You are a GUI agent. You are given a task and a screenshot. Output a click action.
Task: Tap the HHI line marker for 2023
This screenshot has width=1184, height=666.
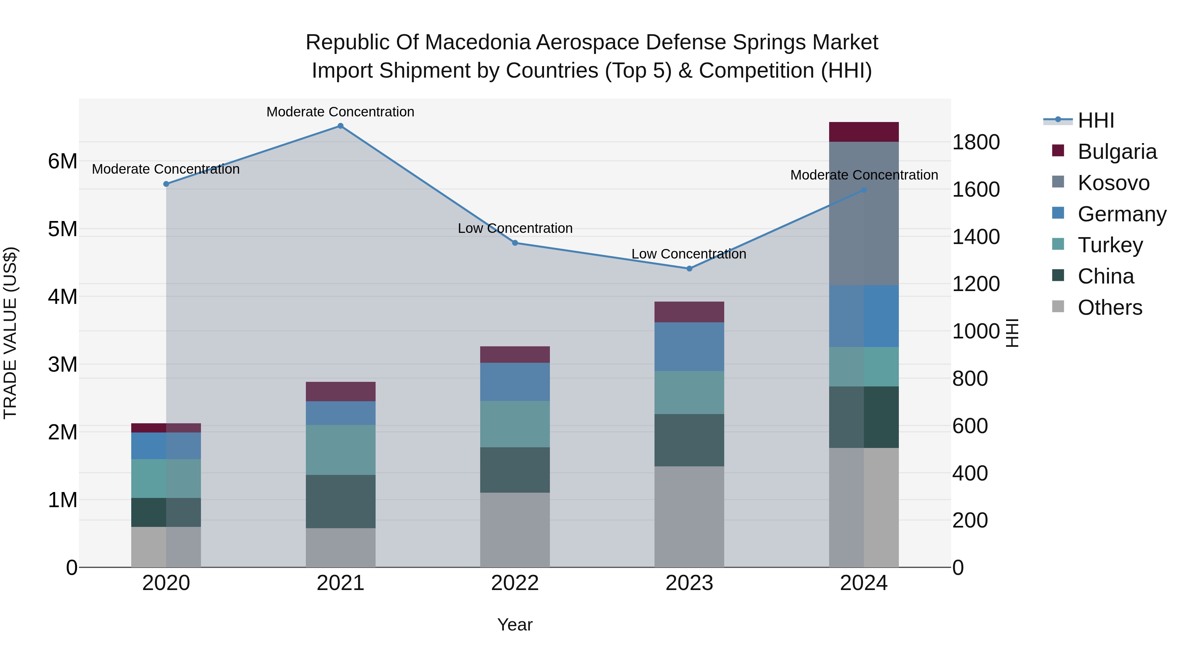click(689, 268)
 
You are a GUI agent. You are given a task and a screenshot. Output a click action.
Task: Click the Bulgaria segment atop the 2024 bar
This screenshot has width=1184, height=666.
click(864, 132)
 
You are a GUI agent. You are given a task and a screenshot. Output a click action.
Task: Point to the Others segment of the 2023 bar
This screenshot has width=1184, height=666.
click(689, 517)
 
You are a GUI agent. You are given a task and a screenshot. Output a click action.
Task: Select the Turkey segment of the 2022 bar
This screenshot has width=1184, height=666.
click(515, 424)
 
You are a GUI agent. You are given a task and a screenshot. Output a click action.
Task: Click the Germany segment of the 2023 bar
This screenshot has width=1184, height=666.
click(689, 347)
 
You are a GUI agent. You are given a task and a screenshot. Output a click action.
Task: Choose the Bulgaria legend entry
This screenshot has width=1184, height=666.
click(1117, 152)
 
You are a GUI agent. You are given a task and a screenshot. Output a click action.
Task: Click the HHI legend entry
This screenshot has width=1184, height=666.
click(1096, 120)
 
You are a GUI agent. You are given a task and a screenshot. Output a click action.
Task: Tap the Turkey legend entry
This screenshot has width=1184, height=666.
click(1110, 245)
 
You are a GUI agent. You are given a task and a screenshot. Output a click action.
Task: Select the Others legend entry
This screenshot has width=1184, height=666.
click(1110, 308)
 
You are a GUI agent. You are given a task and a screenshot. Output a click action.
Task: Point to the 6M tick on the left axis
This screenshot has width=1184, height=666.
click(62, 161)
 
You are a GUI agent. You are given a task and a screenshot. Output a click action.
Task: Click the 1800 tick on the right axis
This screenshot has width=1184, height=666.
click(975, 142)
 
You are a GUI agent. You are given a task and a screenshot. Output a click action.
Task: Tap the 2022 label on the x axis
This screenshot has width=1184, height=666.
click(515, 583)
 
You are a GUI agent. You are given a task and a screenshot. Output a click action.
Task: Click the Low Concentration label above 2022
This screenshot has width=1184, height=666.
click(515, 229)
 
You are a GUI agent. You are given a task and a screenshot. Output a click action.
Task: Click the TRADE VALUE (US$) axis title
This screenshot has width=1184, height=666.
click(10, 333)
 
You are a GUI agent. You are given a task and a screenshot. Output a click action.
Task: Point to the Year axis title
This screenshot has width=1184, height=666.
click(515, 625)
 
